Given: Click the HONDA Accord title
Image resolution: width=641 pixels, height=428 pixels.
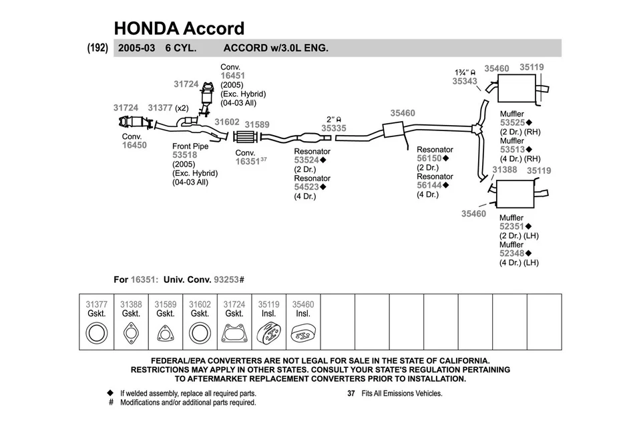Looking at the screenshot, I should (x=179, y=28).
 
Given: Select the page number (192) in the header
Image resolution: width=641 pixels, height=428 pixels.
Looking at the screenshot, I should (x=97, y=48).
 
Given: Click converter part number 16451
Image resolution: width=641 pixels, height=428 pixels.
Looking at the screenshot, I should (x=233, y=76).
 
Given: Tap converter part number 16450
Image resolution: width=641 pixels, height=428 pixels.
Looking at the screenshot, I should (x=134, y=145).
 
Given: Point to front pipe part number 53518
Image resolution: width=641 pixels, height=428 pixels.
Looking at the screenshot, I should (x=185, y=155).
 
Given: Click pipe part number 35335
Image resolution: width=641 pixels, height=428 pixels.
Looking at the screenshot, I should (x=334, y=127).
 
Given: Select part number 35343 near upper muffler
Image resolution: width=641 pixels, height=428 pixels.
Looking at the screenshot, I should (x=465, y=81).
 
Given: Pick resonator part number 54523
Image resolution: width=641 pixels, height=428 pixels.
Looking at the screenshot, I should (x=307, y=187).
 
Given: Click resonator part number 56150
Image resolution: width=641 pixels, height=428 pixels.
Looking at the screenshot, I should (x=429, y=158).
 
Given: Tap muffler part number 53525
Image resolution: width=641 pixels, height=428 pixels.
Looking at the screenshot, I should (x=513, y=123).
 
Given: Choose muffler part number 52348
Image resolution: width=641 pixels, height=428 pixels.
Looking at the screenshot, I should (x=512, y=253).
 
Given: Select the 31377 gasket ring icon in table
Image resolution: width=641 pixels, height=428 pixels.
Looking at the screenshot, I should (x=97, y=332).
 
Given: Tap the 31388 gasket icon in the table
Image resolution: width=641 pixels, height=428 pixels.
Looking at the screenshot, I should (x=131, y=332).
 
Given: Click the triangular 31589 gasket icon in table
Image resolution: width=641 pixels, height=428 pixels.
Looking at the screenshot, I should (x=165, y=332).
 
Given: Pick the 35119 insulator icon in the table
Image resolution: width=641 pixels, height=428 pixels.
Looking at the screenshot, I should (x=268, y=332).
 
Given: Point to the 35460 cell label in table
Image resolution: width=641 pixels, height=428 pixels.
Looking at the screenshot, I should (x=303, y=304).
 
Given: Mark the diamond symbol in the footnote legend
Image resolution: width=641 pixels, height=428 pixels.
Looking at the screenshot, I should (x=110, y=393).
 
